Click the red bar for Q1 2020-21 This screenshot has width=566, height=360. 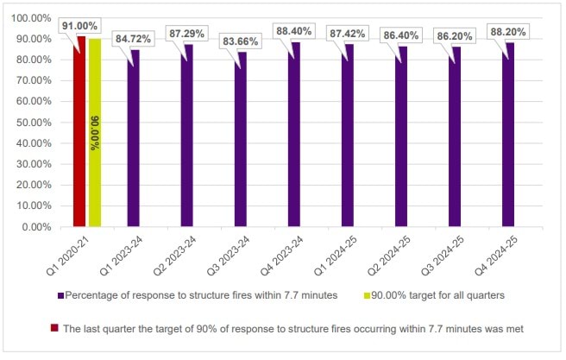(x=81, y=131)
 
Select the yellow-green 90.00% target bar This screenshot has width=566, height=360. (x=95, y=133)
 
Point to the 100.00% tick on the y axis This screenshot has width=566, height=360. (x=34, y=18)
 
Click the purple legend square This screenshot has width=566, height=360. (x=61, y=296)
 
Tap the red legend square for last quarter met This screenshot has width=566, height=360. (x=54, y=327)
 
